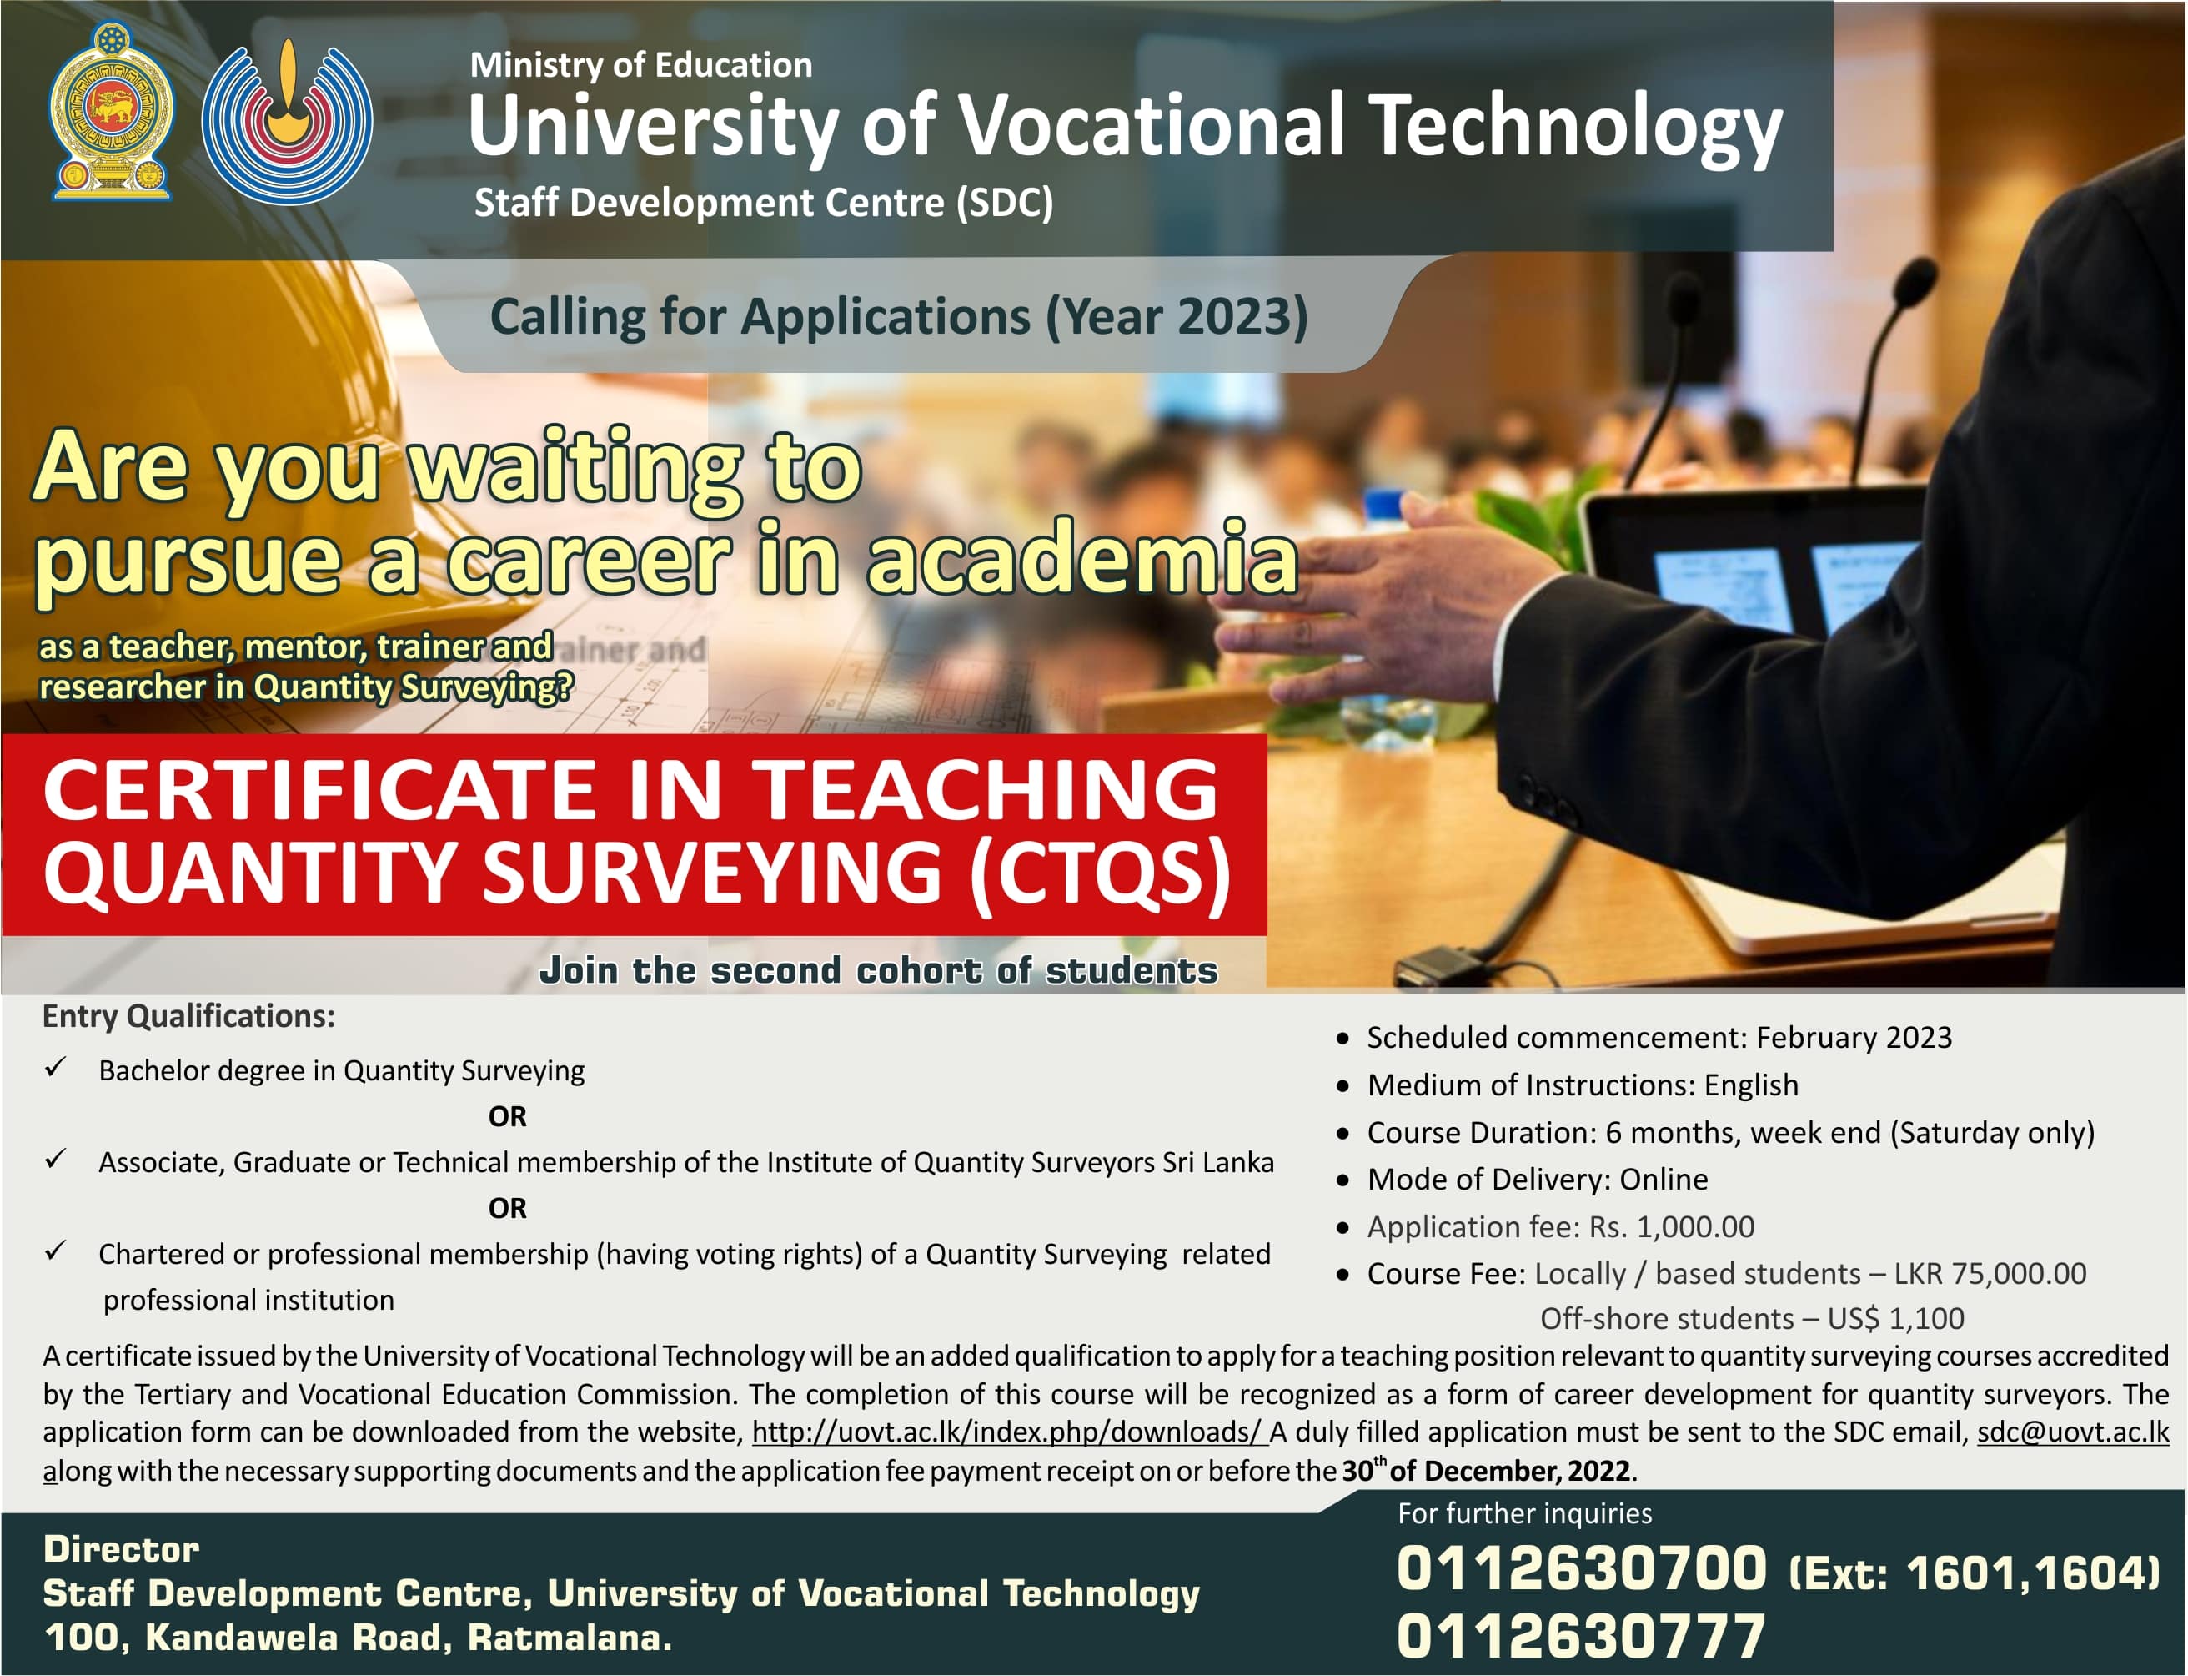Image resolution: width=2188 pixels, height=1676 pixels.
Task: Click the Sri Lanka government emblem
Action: click(x=112, y=111)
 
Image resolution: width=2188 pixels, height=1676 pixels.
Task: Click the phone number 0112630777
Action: click(x=1581, y=1637)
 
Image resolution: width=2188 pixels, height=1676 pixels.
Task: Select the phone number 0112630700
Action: click(x=1582, y=1568)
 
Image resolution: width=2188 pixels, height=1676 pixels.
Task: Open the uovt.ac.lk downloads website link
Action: click(x=1007, y=1432)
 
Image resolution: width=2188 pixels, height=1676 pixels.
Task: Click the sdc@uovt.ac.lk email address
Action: click(x=2072, y=1432)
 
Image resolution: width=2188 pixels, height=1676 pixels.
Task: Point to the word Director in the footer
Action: click(x=121, y=1549)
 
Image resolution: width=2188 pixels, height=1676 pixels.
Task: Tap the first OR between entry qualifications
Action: click(x=508, y=1116)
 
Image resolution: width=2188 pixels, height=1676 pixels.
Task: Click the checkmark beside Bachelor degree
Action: click(x=56, y=1069)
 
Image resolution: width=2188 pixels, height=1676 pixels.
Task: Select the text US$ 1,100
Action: click(x=1894, y=1319)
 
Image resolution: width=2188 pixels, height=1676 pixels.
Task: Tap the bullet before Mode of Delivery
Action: click(x=1343, y=1180)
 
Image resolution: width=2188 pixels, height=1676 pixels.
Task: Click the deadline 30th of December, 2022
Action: click(x=1486, y=1471)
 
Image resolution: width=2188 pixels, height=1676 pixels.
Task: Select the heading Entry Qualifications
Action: click(x=188, y=1015)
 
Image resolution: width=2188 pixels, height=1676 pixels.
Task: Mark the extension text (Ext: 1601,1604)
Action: click(x=1975, y=1573)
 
